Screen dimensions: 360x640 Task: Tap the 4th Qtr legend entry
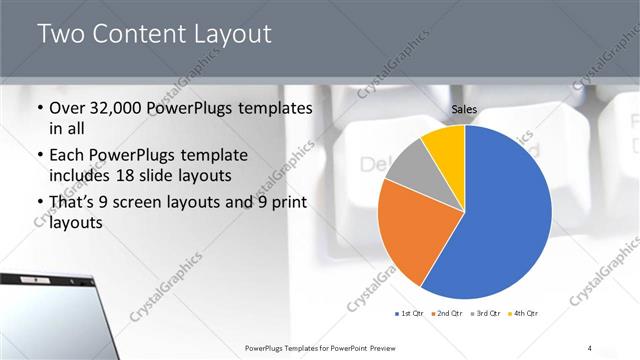524,314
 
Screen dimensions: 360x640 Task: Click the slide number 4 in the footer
590,347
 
